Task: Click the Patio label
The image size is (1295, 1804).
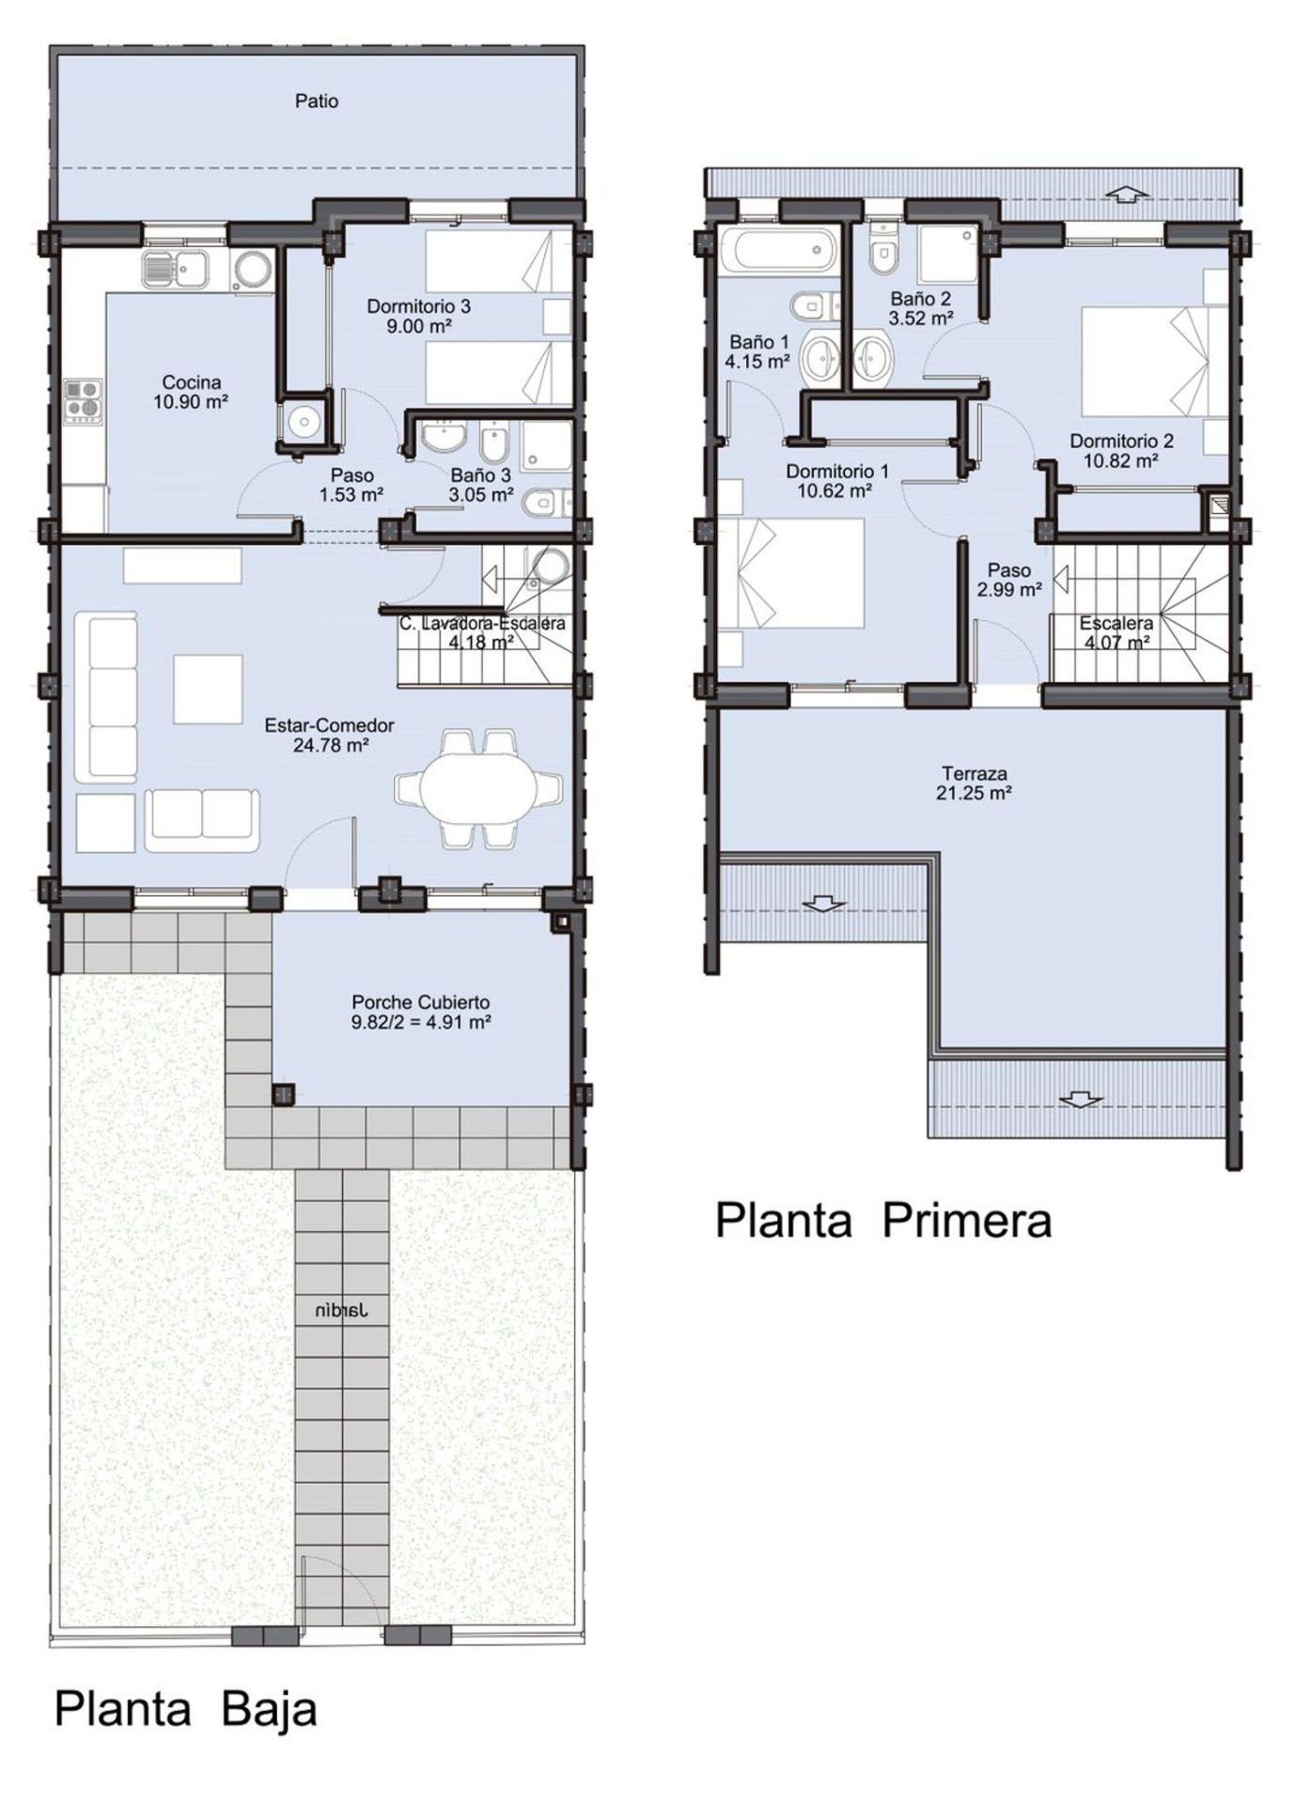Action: tap(317, 101)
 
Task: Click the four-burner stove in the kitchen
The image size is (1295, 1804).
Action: tap(83, 401)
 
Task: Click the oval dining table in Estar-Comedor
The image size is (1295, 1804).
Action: tap(479, 787)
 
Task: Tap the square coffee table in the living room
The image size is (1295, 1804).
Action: tap(208, 690)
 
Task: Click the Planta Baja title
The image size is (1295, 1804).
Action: tap(185, 1709)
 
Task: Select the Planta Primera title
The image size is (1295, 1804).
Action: tap(882, 1221)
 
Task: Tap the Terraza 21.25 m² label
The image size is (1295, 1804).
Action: tap(974, 784)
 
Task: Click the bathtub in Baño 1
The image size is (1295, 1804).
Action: tap(784, 251)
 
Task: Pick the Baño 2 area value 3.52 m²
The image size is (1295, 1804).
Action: tap(921, 319)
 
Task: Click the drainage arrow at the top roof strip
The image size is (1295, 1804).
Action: tap(1127, 194)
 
